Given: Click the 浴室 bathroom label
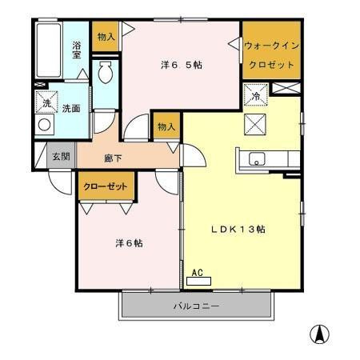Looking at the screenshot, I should (78, 50).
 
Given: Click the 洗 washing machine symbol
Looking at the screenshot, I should (46, 103).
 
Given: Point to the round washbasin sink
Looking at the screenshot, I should (45, 125).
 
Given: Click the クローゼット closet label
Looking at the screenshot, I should (105, 186).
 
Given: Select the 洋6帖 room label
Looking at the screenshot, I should (127, 242).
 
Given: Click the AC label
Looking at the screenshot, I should (198, 273).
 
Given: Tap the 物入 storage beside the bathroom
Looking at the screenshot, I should (106, 37).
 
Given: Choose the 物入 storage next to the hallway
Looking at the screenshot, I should (166, 126).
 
